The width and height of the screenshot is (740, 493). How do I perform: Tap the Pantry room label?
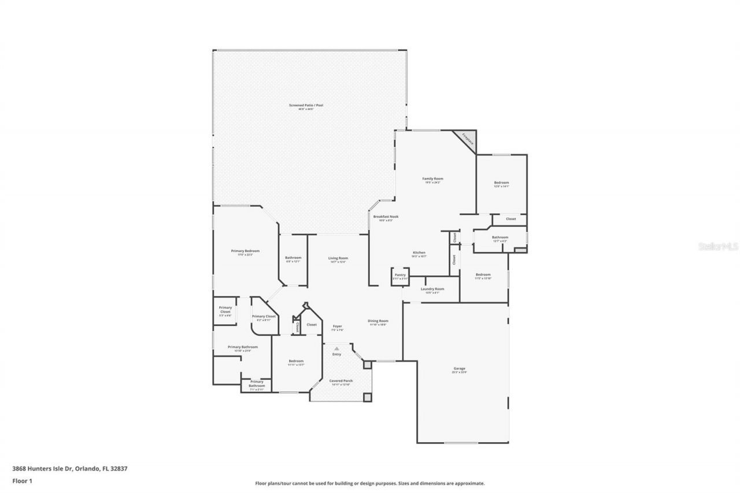[x=400, y=275]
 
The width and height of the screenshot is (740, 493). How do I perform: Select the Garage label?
[x=459, y=369]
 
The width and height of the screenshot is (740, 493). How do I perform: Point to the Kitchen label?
[x=419, y=253]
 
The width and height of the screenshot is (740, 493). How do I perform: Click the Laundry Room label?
[x=432, y=289]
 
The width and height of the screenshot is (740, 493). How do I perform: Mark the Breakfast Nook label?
[x=386, y=217]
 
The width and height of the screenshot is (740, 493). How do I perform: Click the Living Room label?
[x=338, y=258]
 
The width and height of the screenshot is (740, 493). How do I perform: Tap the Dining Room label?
[x=378, y=321]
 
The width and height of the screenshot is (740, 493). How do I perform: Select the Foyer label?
[x=337, y=327]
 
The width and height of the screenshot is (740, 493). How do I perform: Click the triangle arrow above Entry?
[x=336, y=349]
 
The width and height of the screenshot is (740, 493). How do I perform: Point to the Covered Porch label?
[x=341, y=381]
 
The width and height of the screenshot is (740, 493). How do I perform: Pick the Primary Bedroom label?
[x=245, y=251]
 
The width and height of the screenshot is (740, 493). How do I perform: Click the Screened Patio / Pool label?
[x=306, y=106]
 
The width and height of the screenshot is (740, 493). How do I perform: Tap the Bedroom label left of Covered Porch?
[x=296, y=361]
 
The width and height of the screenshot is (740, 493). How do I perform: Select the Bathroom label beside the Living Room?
[x=293, y=258]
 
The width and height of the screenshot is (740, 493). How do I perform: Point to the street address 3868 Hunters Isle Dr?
[x=69, y=469]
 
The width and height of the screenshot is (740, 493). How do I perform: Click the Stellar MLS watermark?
[x=718, y=246]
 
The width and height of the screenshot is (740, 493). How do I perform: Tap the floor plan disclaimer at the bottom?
[x=370, y=483]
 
